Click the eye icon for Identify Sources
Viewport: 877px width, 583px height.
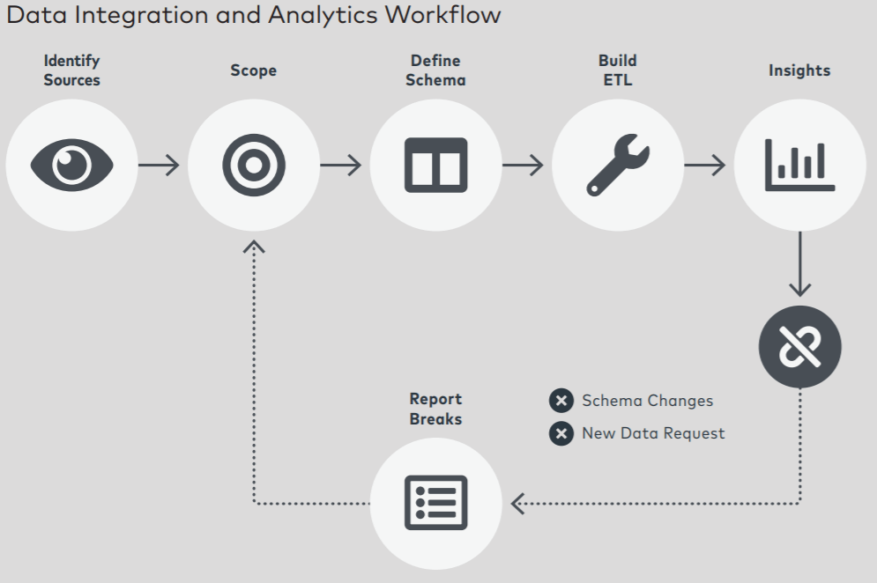point(72,165)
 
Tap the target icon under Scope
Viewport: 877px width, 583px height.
point(254,165)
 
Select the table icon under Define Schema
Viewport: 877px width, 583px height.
point(435,165)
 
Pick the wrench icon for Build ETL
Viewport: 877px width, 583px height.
point(618,165)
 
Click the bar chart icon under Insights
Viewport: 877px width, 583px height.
point(799,165)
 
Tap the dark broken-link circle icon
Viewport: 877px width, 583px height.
point(799,347)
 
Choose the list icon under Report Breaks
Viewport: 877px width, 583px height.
point(435,503)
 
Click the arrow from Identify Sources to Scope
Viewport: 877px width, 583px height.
point(160,165)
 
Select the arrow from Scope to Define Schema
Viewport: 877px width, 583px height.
point(341,165)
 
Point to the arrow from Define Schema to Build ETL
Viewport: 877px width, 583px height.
point(524,165)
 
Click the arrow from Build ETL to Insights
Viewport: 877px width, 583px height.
point(705,165)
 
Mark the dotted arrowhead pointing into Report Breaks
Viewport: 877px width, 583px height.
point(517,504)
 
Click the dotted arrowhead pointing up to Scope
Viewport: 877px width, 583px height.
point(254,247)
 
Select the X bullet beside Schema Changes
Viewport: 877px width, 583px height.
point(561,401)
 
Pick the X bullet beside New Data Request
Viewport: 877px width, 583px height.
point(561,433)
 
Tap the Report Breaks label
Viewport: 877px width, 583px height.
point(435,410)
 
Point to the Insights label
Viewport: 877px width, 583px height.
point(799,70)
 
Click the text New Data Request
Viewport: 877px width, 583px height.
point(653,433)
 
